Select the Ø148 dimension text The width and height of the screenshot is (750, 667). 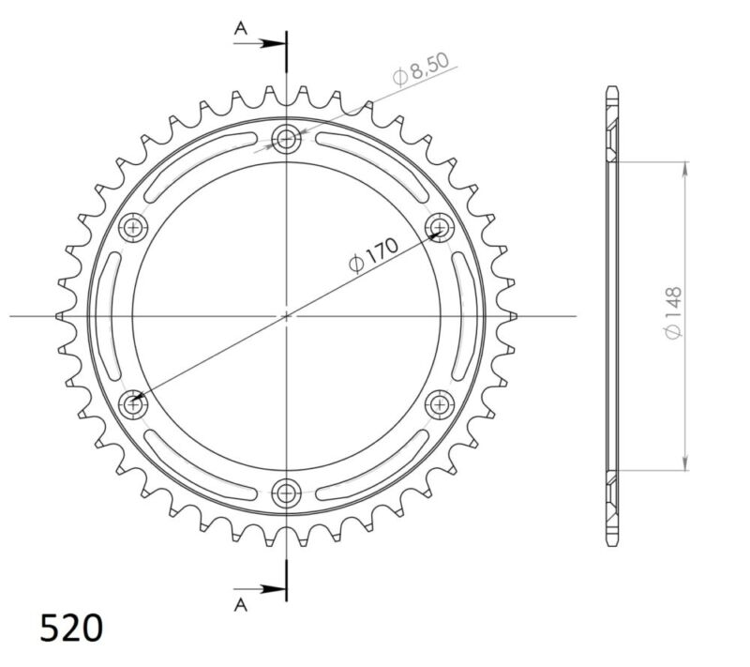click(672, 315)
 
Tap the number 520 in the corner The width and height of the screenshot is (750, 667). click(71, 628)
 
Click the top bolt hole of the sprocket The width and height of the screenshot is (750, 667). click(286, 140)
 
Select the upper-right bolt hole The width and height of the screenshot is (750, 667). click(438, 227)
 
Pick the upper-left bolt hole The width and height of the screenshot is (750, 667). click(135, 227)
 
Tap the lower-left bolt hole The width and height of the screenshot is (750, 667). click(135, 403)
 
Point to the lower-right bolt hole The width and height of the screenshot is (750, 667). click(438, 403)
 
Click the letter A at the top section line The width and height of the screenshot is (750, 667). click(241, 30)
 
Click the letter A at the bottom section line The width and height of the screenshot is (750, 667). click(241, 605)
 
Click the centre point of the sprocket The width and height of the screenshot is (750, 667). click(287, 315)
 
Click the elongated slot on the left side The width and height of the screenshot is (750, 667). click(111, 315)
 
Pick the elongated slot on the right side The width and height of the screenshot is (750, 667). click(462, 315)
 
